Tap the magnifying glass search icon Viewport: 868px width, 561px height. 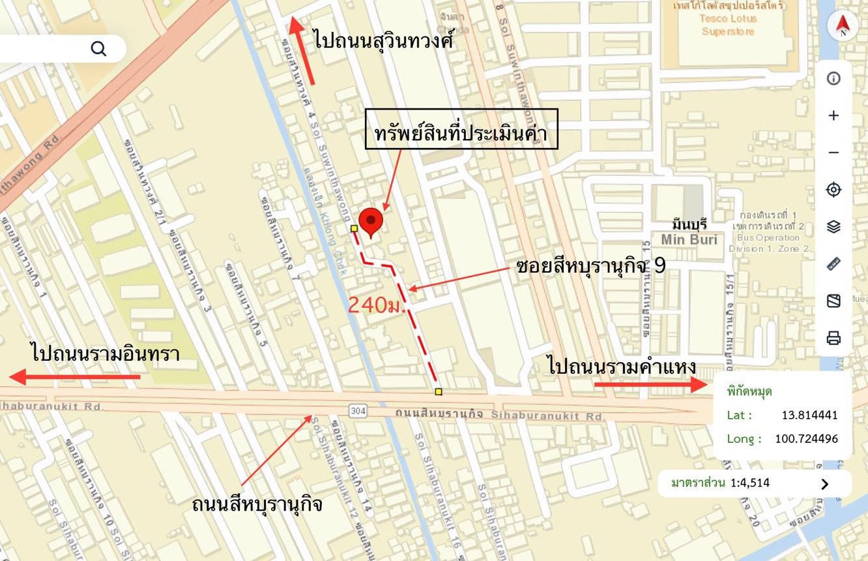click(98, 48)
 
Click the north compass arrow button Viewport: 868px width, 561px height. click(843, 26)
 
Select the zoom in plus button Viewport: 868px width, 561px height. click(833, 115)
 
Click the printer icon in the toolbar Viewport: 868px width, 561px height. click(833, 338)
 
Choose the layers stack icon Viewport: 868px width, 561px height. click(833, 226)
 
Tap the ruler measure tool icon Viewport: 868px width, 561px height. click(833, 264)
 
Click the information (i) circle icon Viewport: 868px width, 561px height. click(833, 78)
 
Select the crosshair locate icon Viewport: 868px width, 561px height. click(833, 190)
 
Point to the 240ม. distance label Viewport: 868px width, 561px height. click(377, 305)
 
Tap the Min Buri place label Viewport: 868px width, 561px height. click(689, 239)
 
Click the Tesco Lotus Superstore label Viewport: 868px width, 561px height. click(728, 25)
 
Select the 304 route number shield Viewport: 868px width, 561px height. click(358, 410)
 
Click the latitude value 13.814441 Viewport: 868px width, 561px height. click(809, 415)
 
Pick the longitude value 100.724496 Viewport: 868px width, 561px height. click(806, 438)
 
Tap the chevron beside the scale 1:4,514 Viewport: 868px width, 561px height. click(825, 483)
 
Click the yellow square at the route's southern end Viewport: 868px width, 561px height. click(439, 391)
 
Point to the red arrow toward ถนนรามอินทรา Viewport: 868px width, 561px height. click(75, 376)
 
